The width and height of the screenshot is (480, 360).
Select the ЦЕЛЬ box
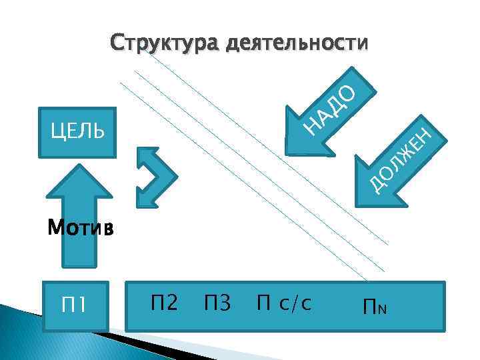(77, 131)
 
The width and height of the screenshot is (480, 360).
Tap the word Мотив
(81, 229)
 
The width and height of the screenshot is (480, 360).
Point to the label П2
(163, 304)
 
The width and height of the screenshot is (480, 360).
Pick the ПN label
(375, 307)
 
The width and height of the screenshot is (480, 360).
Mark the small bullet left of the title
(93, 44)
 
